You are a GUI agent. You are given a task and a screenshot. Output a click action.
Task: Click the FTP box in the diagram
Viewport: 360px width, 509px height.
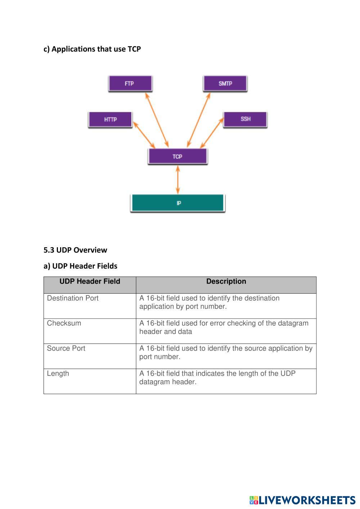pos(130,84)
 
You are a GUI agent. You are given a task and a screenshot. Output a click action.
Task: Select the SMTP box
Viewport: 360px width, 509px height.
pos(225,84)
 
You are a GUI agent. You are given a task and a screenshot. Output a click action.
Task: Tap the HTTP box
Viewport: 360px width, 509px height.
pos(110,120)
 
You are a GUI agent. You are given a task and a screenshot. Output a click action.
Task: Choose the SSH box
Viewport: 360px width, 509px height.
pos(245,119)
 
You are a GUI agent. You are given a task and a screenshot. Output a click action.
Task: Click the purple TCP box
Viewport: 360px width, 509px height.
pos(177,157)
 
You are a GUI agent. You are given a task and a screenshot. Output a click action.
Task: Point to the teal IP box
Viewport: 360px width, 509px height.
pos(177,203)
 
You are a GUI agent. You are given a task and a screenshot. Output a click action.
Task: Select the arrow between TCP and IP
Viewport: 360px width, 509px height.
pos(178,180)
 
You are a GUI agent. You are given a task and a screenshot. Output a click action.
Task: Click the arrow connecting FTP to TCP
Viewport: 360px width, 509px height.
pos(157,120)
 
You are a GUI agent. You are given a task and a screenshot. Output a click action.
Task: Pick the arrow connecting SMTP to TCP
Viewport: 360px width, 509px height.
pos(199,120)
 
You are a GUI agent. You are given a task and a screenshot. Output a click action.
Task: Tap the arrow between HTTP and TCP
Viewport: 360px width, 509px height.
pos(144,135)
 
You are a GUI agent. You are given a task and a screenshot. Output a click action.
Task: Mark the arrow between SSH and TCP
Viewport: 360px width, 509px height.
pos(212,133)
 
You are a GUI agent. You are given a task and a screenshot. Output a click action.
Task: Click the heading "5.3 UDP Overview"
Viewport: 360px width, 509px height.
pos(75,250)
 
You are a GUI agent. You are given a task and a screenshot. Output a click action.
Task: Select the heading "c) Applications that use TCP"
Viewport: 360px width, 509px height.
pos(92,49)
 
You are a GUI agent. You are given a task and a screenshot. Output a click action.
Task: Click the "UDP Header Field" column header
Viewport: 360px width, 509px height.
pos(90,281)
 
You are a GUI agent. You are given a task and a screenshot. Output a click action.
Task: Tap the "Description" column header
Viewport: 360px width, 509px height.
pos(226,281)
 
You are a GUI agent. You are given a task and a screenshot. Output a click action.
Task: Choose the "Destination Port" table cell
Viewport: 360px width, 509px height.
pos(73,298)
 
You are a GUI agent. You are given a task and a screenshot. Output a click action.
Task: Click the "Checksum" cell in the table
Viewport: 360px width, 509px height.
pos(64,323)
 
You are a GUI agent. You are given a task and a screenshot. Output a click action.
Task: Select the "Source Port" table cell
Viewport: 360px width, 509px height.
pos(66,348)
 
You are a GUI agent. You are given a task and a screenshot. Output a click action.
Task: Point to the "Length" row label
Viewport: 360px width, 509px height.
pos(58,374)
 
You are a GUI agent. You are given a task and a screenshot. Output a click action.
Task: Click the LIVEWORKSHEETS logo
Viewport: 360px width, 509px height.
pos(302,500)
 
